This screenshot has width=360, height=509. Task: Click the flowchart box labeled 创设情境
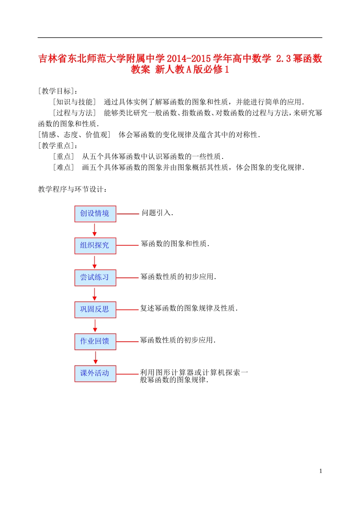pos(95,214)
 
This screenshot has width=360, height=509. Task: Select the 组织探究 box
pos(95,246)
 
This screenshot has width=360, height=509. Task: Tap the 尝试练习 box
pos(95,278)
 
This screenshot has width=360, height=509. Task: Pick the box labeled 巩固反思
pos(95,309)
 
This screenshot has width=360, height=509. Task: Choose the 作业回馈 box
pos(95,341)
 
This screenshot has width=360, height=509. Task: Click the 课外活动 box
pos(95,373)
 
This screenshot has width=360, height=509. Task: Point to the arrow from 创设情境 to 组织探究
pos(95,230)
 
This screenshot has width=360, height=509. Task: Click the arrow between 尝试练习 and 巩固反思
pos(95,294)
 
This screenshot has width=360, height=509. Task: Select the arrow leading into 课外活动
pos(95,358)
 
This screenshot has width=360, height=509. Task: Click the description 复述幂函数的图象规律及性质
pos(189,308)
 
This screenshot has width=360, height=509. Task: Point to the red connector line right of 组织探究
pos(128,245)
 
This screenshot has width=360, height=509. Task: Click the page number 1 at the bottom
pos(321,471)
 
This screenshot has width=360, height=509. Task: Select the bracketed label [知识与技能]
pos(74,102)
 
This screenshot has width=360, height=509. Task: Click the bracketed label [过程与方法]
pos(74,113)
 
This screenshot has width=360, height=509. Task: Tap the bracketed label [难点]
pos(63,168)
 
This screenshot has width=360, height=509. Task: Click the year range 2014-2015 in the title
pos(189,59)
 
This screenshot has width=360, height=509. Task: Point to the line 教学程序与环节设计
pos(73,189)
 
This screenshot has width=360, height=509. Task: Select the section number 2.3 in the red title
pos(283,59)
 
